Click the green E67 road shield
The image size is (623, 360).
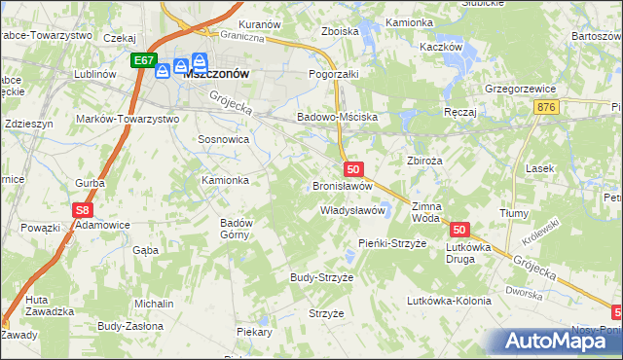pos(144,60)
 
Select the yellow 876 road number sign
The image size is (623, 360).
pos(546,106)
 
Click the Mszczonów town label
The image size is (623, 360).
pos(218,73)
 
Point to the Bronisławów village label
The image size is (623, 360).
pos(343,185)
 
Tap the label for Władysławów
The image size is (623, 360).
pos(355,209)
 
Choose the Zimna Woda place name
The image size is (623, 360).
pos(426,213)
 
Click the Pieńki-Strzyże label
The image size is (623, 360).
pos(392,242)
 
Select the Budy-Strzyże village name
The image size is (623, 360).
pos(321,277)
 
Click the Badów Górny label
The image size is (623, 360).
pos(237,229)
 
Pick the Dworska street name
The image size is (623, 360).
pos(522,290)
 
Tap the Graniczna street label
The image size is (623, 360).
pos(242,38)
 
